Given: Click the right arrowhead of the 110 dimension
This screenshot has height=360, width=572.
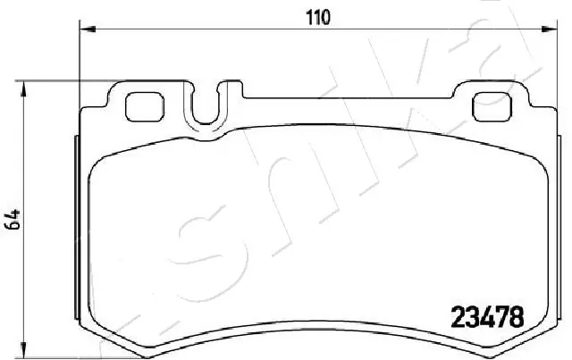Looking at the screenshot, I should [x=547, y=29].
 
